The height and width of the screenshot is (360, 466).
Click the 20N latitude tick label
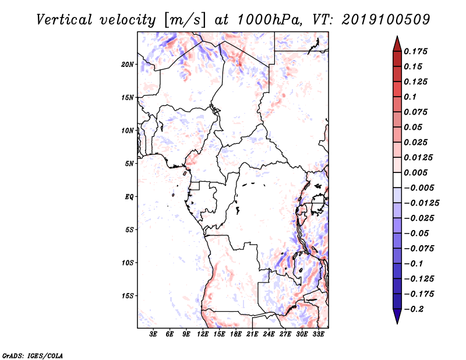pyautogui.click(x=128, y=65)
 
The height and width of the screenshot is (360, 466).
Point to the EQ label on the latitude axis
pyautogui.click(x=129, y=197)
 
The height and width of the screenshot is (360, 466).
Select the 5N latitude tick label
pyautogui.click(x=129, y=164)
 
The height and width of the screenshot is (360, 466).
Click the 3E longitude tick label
pyautogui.click(x=153, y=334)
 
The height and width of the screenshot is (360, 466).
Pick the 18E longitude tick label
pyautogui.click(x=236, y=334)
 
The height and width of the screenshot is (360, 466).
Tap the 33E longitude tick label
pyautogui.click(x=318, y=334)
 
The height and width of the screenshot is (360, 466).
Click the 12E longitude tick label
pyautogui.click(x=203, y=334)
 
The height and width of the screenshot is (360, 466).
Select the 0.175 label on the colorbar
pyautogui.click(x=415, y=51)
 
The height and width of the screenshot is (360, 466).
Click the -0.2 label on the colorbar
pyautogui.click(x=414, y=309)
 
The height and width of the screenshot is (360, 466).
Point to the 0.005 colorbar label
pyautogui.click(x=415, y=172)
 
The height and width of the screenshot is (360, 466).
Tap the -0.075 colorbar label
pyautogui.click(x=419, y=249)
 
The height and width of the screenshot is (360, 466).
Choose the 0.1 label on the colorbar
pyautogui.click(x=410, y=97)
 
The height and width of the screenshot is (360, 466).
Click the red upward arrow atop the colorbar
pyautogui.click(x=397, y=44)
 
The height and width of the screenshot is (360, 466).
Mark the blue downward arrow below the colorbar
pyautogui.click(x=397, y=316)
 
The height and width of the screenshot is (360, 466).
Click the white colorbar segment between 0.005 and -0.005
pyautogui.click(x=397, y=180)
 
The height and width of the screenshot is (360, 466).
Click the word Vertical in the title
pyautogui.click(x=64, y=20)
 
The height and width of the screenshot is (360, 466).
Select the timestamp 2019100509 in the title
pyautogui.click(x=386, y=20)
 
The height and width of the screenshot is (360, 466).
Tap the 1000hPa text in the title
pyautogui.click(x=269, y=20)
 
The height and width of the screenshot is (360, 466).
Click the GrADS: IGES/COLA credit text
pyautogui.click(x=33, y=355)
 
